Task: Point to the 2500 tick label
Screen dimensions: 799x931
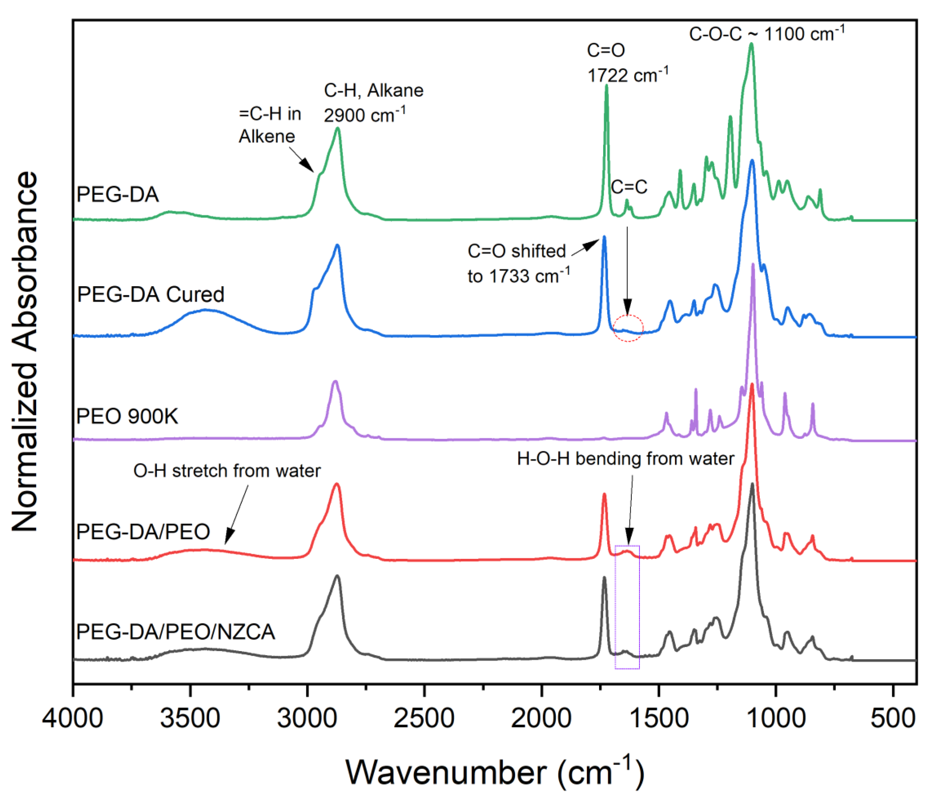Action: pos(424,718)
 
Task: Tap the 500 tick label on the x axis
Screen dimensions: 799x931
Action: pos(893,718)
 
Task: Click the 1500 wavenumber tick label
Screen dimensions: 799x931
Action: pos(659,718)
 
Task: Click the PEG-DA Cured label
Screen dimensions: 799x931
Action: pos(151,295)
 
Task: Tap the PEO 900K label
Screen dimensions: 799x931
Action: pos(127,416)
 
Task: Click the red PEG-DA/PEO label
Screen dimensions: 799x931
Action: pos(143,531)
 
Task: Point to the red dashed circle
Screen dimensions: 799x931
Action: pos(629,328)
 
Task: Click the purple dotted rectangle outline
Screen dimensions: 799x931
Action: pos(616,607)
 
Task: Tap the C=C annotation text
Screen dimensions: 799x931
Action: pos(629,187)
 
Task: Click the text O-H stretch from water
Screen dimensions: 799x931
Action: pos(227,471)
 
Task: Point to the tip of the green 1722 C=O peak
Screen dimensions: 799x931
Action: pos(607,85)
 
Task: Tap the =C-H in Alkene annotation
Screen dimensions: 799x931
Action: pos(270,125)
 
